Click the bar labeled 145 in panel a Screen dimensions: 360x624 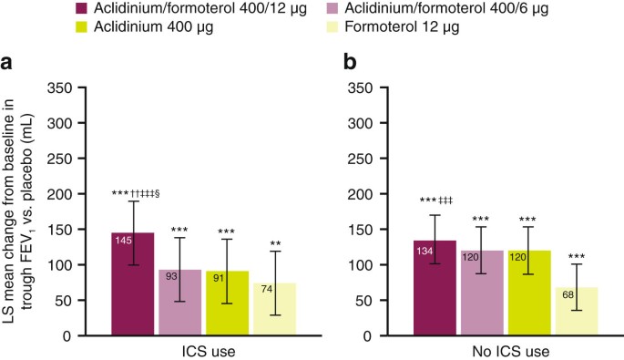coord(132,283)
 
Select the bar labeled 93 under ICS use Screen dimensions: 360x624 coord(179,302)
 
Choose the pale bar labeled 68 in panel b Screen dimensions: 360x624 coord(576,311)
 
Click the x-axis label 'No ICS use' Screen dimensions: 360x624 coord(505,351)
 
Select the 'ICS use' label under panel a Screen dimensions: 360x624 coord(202,351)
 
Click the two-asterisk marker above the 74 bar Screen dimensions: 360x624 coord(274,243)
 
